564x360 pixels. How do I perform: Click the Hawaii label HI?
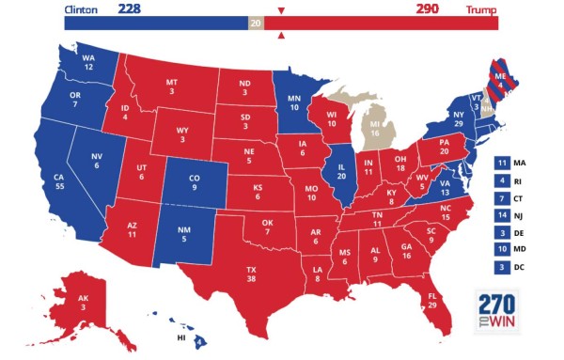click(x=180, y=337)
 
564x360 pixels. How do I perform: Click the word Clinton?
click(x=83, y=9)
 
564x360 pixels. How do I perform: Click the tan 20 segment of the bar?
click(x=256, y=23)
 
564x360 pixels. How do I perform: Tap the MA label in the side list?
click(x=520, y=163)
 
